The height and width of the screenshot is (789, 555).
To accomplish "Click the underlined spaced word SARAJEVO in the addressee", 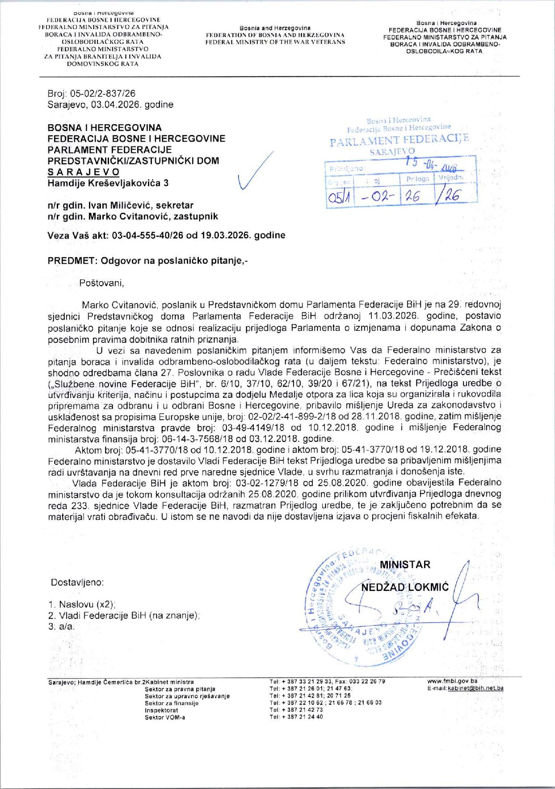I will point(84,172).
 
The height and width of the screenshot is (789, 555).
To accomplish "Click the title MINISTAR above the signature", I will point(404,564).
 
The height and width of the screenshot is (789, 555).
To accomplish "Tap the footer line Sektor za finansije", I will point(172,703).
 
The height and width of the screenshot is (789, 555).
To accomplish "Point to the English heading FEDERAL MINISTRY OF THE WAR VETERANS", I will point(275,42).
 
